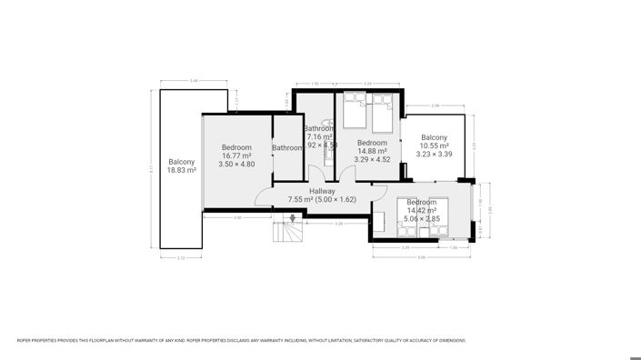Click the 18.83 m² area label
click(182, 170)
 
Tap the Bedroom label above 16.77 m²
click(236, 147)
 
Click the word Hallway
click(322, 191)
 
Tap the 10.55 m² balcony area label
click(434, 145)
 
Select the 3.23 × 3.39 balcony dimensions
click(434, 155)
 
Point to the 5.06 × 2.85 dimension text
click(422, 219)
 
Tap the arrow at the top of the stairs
click(293, 218)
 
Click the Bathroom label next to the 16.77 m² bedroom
click(287, 148)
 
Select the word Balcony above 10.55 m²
click(434, 136)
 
